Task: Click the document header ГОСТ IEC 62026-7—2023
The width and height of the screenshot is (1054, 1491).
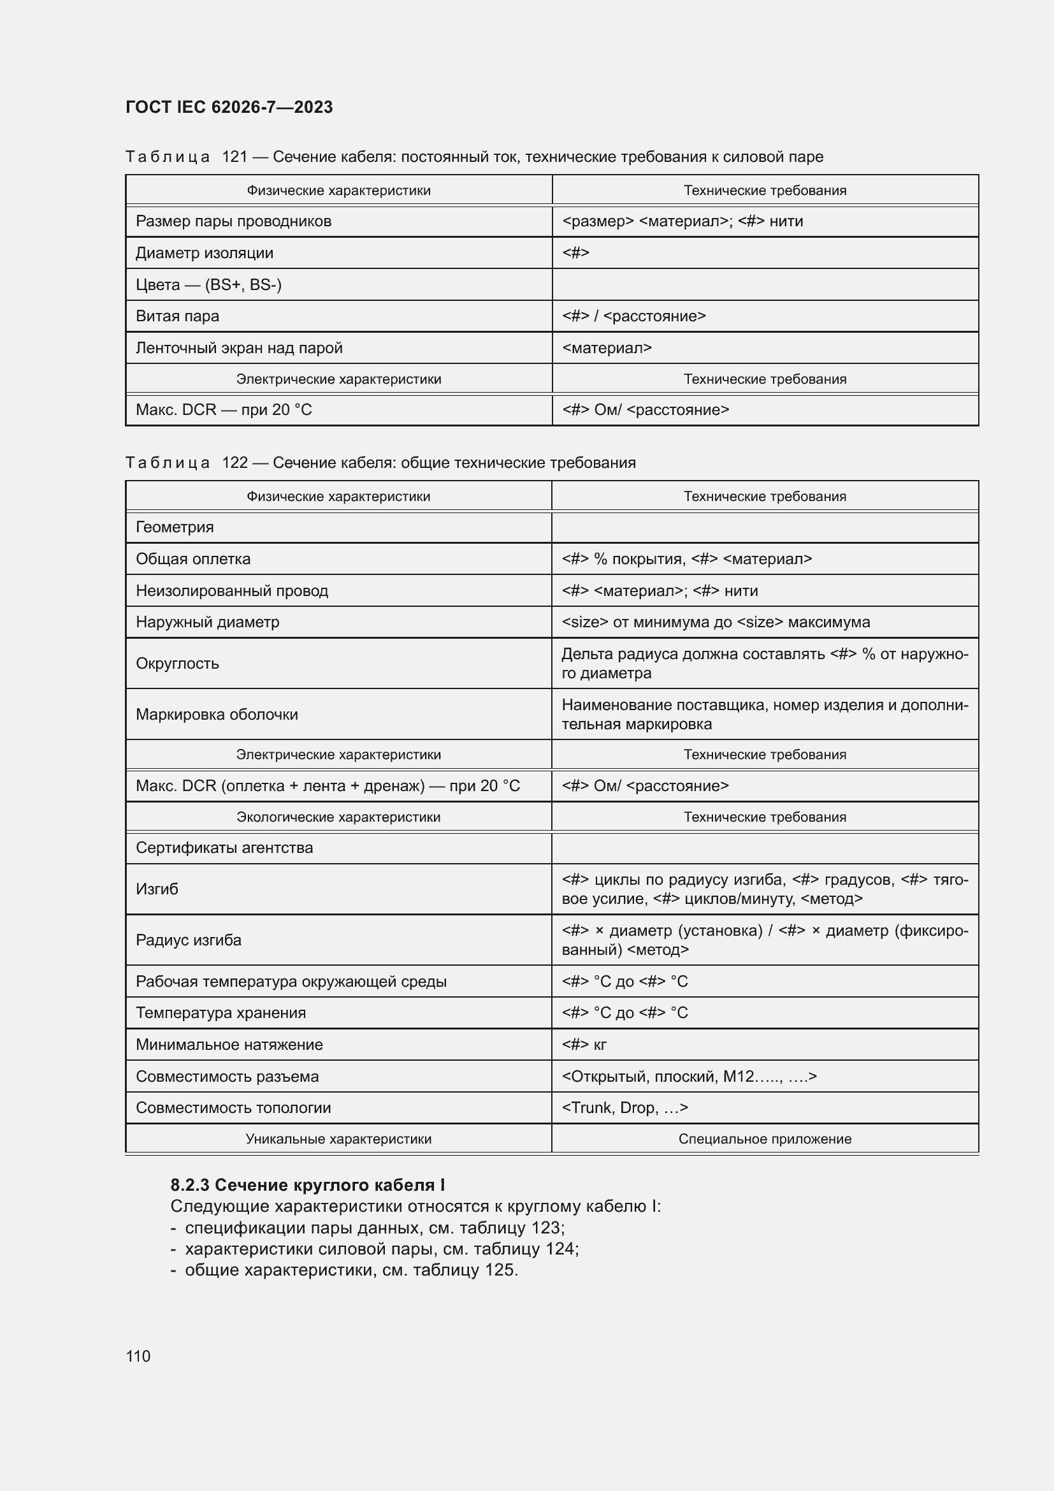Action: tap(229, 107)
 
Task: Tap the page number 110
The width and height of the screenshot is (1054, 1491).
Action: tap(138, 1356)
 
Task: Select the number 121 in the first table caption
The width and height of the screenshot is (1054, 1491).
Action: tap(235, 157)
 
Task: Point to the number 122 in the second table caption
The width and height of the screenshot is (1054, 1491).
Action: tap(235, 462)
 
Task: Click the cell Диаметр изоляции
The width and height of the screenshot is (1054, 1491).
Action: tap(205, 252)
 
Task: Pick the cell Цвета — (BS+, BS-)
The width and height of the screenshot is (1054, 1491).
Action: tap(208, 284)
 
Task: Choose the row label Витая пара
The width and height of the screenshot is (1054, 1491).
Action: tap(177, 316)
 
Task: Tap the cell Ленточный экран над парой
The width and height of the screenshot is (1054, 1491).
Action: tap(239, 348)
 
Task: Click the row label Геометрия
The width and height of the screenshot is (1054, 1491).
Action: tap(175, 527)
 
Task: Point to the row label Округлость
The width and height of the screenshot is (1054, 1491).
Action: tap(177, 664)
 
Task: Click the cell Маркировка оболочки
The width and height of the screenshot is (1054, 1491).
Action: tap(217, 715)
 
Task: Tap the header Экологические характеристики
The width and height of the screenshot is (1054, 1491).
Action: tap(338, 817)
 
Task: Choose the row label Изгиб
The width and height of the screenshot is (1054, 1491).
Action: tap(157, 889)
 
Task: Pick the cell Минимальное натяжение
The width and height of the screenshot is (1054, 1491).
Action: tap(229, 1045)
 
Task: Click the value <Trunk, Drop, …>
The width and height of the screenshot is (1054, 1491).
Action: tap(624, 1108)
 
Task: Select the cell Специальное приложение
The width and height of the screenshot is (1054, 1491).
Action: tap(765, 1139)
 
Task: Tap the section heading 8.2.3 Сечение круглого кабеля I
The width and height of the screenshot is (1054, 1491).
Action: tap(308, 1185)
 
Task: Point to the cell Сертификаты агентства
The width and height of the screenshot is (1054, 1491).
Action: tap(224, 848)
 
